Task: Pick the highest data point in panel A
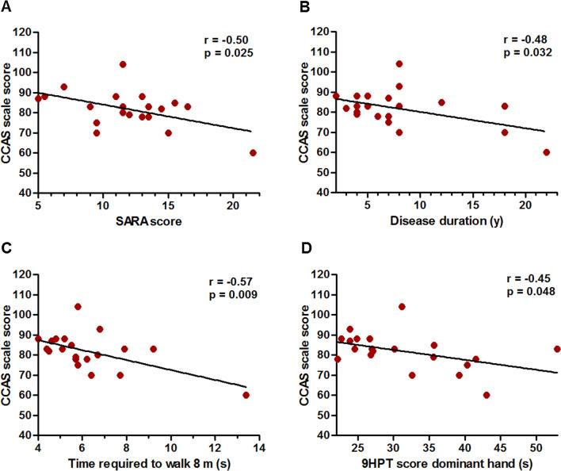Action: coord(123,64)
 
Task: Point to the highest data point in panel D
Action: coord(402,306)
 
